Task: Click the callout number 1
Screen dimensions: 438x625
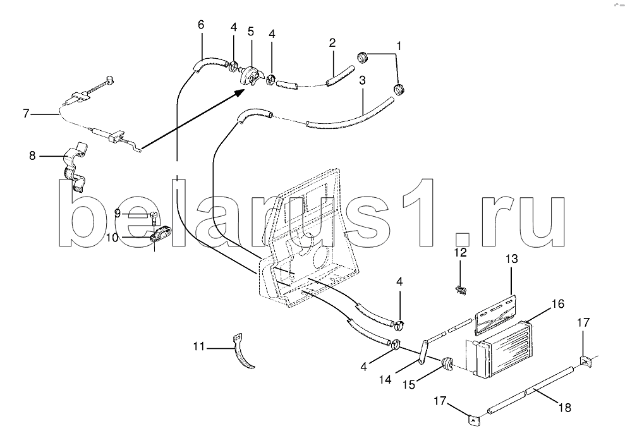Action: (x=398, y=46)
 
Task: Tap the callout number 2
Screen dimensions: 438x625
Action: (x=332, y=43)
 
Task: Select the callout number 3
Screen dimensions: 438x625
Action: (x=362, y=80)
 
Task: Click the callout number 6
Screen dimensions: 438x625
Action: (x=201, y=25)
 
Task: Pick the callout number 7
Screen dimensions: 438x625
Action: (x=26, y=113)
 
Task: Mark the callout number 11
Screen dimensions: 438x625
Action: (x=199, y=346)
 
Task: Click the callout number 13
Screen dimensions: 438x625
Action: (x=511, y=259)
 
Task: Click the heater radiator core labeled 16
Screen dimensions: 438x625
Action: (x=502, y=350)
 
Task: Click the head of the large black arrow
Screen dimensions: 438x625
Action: (x=241, y=92)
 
